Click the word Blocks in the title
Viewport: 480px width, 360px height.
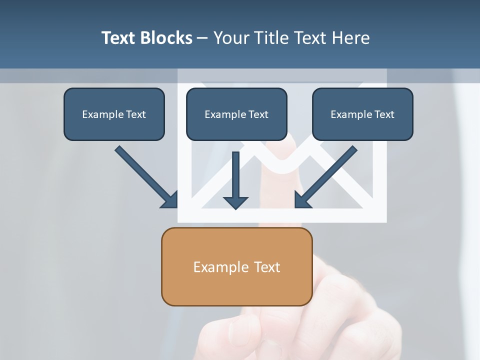(164, 38)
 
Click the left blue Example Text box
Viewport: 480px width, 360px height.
(114, 114)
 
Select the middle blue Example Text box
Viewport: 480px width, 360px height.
(236, 114)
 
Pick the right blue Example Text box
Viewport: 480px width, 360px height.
(362, 114)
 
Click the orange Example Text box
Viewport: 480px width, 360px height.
(236, 266)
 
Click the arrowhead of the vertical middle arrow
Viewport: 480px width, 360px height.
(235, 202)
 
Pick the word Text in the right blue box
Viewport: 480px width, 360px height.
(384, 114)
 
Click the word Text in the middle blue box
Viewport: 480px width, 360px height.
(258, 114)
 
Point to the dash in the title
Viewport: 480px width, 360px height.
(202, 38)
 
